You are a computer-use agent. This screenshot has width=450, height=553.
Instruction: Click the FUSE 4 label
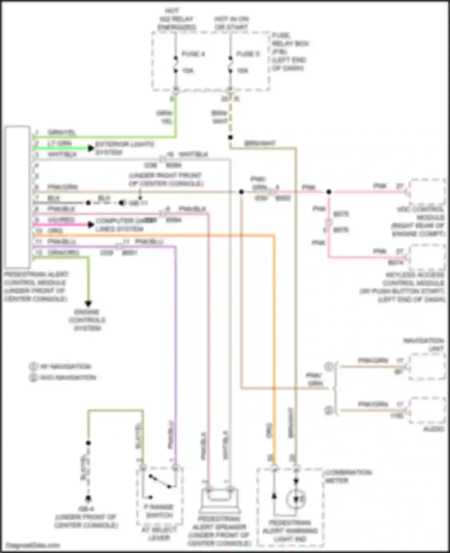click(193, 54)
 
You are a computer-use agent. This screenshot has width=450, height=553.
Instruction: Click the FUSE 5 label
click(248, 54)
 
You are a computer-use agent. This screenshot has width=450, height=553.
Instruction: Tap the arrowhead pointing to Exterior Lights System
click(91, 148)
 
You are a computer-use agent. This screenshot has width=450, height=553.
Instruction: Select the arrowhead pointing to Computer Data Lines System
click(91, 224)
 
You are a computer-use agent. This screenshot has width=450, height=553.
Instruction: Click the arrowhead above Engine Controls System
click(88, 303)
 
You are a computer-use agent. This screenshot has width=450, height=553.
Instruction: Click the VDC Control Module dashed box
click(427, 192)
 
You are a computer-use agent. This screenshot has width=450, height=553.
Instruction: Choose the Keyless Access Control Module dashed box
click(427, 257)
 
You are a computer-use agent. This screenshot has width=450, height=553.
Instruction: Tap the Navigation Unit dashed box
click(427, 366)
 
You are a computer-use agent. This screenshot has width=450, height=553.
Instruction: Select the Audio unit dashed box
click(427, 410)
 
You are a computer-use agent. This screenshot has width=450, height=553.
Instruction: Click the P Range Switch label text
click(159, 511)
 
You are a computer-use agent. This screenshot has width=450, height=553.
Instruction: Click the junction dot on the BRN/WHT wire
click(230, 138)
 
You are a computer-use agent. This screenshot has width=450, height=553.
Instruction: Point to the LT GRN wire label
click(59, 143)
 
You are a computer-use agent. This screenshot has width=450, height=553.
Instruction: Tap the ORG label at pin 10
click(55, 231)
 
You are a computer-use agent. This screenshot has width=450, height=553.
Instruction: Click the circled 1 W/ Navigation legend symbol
click(33, 366)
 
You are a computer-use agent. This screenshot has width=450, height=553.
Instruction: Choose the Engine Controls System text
click(87, 320)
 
